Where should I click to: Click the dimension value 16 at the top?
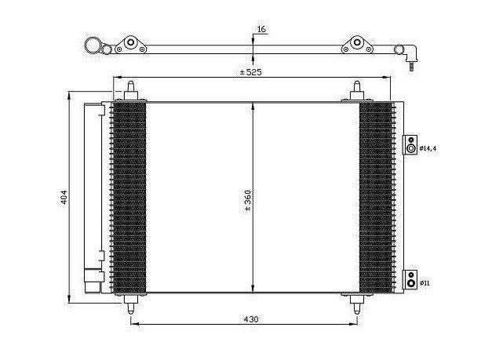click(262, 29)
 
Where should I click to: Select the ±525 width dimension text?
click(251, 72)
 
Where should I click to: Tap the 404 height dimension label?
click(64, 197)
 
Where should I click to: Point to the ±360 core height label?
click(248, 200)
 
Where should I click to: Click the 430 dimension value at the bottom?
click(251, 319)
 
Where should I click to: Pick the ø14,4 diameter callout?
click(428, 148)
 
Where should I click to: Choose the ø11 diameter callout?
click(425, 283)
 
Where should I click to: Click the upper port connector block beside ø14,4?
click(410, 144)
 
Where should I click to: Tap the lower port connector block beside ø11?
click(410, 279)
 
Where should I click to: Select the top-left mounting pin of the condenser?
click(131, 91)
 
